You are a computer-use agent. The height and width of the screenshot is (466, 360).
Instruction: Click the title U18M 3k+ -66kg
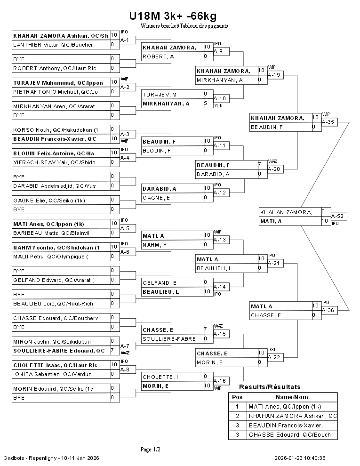(173, 16)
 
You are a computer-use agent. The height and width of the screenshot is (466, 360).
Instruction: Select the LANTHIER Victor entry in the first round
(53, 45)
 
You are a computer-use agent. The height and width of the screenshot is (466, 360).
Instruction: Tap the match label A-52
(337, 216)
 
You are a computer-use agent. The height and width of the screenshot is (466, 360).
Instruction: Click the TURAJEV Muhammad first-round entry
(58, 82)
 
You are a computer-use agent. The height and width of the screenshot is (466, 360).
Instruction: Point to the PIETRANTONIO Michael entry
(56, 92)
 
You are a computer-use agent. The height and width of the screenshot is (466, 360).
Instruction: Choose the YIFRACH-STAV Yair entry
(54, 162)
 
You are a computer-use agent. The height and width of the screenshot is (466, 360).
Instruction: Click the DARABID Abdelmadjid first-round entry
(54, 186)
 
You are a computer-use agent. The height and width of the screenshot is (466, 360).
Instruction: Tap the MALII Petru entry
(50, 257)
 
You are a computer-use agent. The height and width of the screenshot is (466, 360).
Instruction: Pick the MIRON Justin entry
(52, 341)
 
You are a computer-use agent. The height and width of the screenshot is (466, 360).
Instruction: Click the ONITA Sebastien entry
(53, 374)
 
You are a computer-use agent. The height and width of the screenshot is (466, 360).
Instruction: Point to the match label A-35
(328, 122)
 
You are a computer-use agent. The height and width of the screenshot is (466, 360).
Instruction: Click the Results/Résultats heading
(270, 387)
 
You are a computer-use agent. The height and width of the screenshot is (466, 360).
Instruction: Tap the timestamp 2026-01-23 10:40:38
(300, 458)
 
